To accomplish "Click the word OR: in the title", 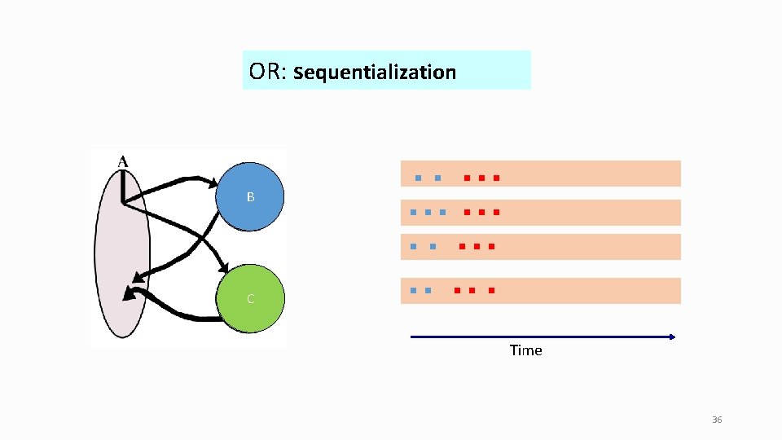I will tap(266, 72).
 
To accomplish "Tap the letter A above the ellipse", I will tap(122, 161).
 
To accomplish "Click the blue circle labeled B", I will tap(251, 197).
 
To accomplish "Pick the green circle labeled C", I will tap(251, 299).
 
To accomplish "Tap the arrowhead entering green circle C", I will tap(224, 270).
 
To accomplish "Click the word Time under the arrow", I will tap(525, 350).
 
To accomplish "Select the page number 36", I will tap(717, 420).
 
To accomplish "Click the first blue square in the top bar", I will tap(417, 178).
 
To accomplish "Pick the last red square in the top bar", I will tap(496, 178).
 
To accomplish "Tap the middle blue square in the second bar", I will tap(428, 213).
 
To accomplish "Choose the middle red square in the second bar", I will tap(481, 213).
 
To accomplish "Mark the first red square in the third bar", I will tap(462, 246).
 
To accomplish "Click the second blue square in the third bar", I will tap(433, 246).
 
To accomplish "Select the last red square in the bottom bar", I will tap(492, 290).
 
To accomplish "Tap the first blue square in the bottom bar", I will tap(414, 290).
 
